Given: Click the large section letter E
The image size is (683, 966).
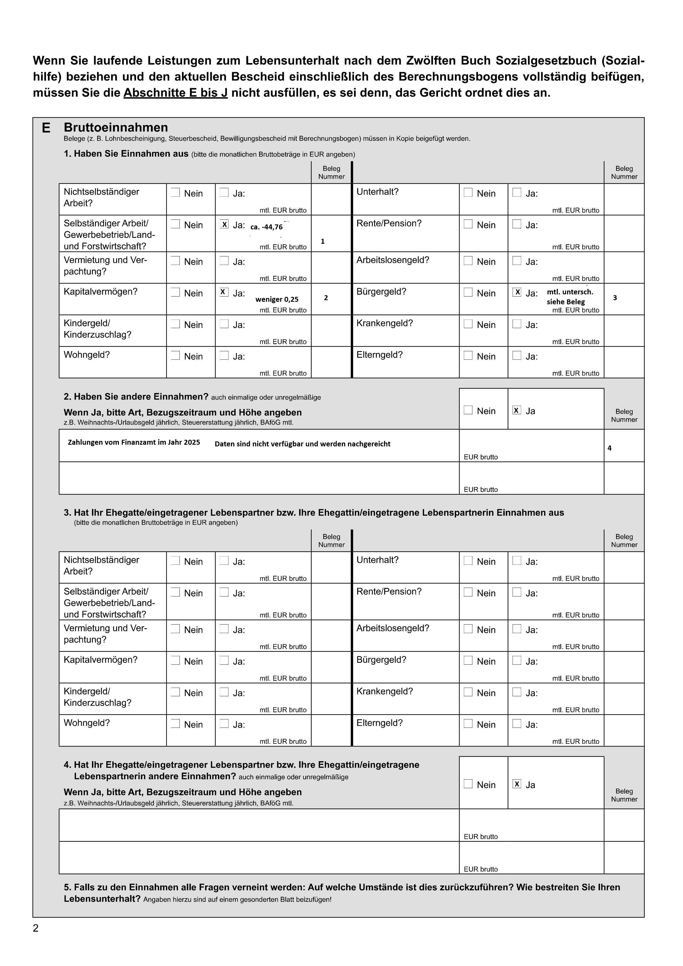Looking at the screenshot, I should pos(46,128).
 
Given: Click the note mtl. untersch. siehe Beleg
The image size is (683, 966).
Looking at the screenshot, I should pos(570,297).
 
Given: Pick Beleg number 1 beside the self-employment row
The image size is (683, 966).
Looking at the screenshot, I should pos(323,241).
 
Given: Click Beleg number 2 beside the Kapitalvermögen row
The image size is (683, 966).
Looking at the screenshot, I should pos(326,298).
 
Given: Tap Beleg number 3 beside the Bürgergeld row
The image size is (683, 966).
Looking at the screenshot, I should pos(615,298).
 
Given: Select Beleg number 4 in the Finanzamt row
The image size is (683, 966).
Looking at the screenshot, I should pos(609,448).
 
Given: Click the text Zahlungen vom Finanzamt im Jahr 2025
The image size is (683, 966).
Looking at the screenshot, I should pos(134,442).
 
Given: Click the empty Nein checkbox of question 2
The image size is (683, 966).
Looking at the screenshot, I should pos(468,410).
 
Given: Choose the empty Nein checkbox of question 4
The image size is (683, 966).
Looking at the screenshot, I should pos(468,784).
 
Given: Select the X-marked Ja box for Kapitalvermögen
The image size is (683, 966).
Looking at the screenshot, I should pos(224,292).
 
